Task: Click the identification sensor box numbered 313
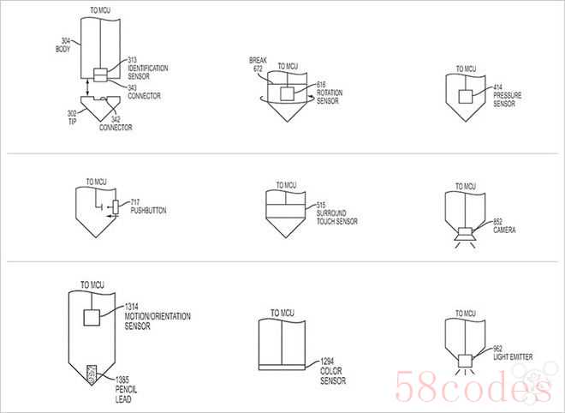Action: pyautogui.click(x=100, y=71)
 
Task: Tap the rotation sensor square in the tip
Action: pyautogui.click(x=287, y=93)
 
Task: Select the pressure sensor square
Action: pyautogui.click(x=466, y=96)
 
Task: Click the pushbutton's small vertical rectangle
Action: pyautogui.click(x=116, y=207)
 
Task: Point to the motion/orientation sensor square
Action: pyautogui.click(x=92, y=317)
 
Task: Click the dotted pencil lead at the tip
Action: pyautogui.click(x=92, y=374)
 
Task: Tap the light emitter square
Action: pyautogui.click(x=465, y=361)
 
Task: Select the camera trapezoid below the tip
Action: pyautogui.click(x=465, y=237)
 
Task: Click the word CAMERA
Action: pyautogui.click(x=504, y=230)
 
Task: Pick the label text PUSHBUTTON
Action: pyautogui.click(x=148, y=210)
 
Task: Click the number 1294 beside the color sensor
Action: pyautogui.click(x=327, y=361)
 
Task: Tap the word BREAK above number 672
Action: pyautogui.click(x=258, y=60)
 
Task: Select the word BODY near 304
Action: pyautogui.click(x=62, y=50)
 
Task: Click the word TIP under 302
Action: pyautogui.click(x=73, y=122)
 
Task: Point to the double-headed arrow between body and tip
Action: pyautogui.click(x=87, y=87)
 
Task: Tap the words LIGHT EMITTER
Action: pyautogui.click(x=513, y=357)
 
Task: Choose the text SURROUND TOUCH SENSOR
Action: pyautogui.click(x=337, y=217)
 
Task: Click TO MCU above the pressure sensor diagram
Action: pyautogui.click(x=466, y=69)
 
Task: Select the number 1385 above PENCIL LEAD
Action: pyautogui.click(x=122, y=380)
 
